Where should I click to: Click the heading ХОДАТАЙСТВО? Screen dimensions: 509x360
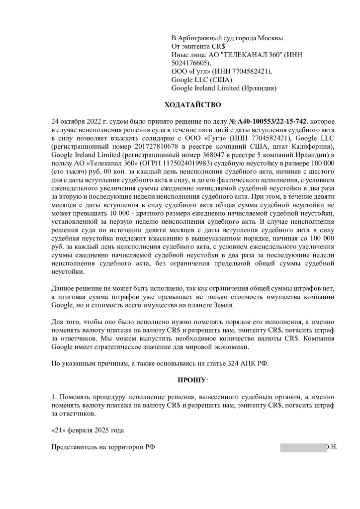192,105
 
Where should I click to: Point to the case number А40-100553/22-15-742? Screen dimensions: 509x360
273,121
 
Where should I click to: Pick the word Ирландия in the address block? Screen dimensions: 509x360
258,88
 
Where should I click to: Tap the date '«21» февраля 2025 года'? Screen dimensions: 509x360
88,430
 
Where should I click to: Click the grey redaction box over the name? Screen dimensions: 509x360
303,447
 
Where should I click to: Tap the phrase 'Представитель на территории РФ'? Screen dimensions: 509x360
103,447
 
